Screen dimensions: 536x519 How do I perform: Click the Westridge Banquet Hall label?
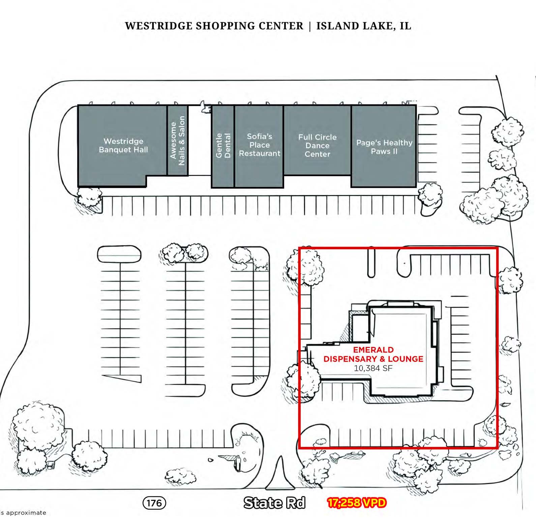tap(123, 145)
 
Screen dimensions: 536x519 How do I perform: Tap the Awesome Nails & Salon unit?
tap(177, 140)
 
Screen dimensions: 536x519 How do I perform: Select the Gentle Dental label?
tap(223, 145)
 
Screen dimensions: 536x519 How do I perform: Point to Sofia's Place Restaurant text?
tap(260, 145)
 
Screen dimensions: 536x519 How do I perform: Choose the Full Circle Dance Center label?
tap(317, 145)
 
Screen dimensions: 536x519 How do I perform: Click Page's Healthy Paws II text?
tap(384, 147)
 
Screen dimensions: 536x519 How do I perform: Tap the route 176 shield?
tap(154, 503)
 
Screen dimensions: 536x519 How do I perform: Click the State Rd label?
tap(274, 502)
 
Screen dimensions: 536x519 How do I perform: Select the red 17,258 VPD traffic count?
tap(357, 502)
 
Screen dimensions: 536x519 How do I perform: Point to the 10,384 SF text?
tap(373, 368)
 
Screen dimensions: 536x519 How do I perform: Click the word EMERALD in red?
tap(373, 350)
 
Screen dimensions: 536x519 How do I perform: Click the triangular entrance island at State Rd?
tap(280, 475)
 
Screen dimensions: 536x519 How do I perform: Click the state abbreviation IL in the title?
tap(405, 26)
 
